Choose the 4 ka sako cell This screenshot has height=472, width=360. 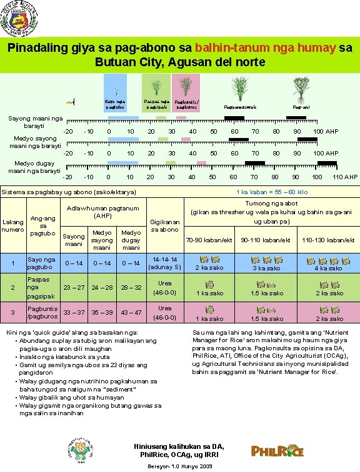[x=328, y=263]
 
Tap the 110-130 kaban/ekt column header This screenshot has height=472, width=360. [x=328, y=240]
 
